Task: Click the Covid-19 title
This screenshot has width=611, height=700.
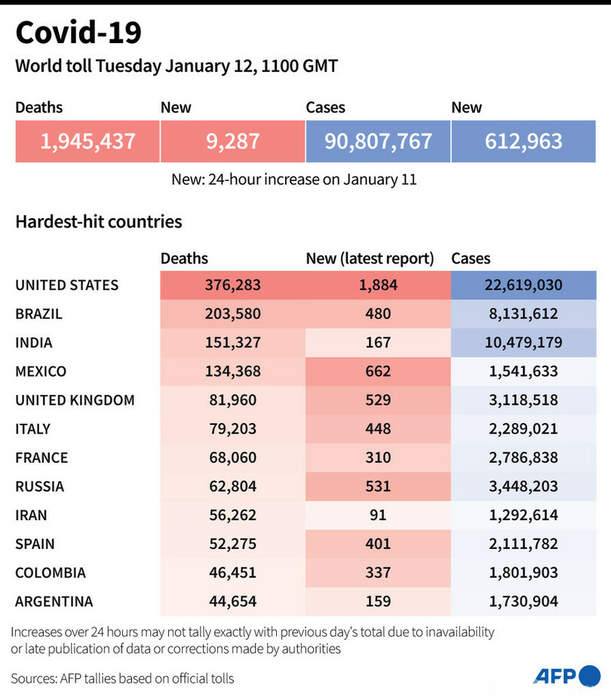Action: pyautogui.click(x=78, y=33)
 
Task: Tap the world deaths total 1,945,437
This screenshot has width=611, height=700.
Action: pyautogui.click(x=88, y=141)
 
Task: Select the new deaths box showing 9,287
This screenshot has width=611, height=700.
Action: pyautogui.click(x=232, y=141)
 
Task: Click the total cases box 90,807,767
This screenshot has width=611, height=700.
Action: pyautogui.click(x=378, y=141)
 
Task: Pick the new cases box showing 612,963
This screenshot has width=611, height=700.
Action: pyautogui.click(x=523, y=141)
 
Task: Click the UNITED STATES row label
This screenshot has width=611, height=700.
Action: pyautogui.click(x=67, y=285)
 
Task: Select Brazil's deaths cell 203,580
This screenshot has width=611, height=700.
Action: pyautogui.click(x=232, y=314)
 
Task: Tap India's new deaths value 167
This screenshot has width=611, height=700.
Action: pyautogui.click(x=378, y=343)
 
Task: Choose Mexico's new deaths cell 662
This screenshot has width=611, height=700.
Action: pyautogui.click(x=378, y=372)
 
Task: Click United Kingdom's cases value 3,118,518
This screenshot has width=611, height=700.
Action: pyautogui.click(x=523, y=400)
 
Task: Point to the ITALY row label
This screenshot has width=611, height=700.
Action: pyautogui.click(x=33, y=429)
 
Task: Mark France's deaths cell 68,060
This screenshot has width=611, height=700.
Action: pyautogui.click(x=232, y=458)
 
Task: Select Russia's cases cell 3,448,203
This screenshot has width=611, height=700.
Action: pyautogui.click(x=523, y=486)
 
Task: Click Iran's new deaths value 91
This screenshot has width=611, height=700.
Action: pyautogui.click(x=378, y=515)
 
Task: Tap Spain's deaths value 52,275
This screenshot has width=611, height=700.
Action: pyautogui.click(x=232, y=544)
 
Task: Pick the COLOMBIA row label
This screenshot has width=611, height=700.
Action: pyautogui.click(x=51, y=572)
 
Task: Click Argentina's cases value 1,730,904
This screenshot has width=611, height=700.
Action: pyautogui.click(x=523, y=601)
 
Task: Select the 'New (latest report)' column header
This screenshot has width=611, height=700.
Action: pyautogui.click(x=370, y=258)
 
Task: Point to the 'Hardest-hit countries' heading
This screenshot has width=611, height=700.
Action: pyautogui.click(x=99, y=222)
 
